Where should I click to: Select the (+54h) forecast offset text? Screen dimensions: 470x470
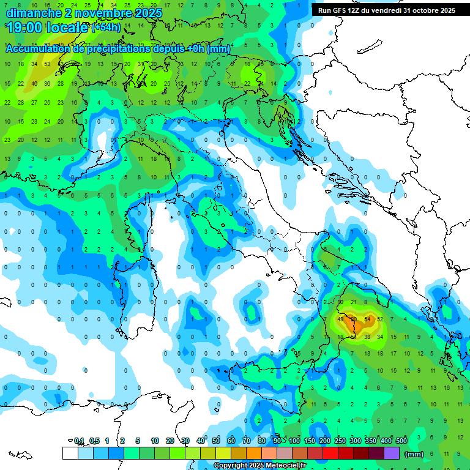click(105, 28)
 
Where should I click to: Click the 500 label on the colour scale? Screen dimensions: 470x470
click(401, 441)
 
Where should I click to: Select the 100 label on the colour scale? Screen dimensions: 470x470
click(294, 441)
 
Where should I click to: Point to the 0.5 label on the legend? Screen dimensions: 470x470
click(94, 441)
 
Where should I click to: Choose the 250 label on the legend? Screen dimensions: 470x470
click(340, 441)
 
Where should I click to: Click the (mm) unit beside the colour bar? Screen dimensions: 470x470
click(414, 454)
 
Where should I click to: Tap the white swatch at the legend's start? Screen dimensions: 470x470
click(70, 453)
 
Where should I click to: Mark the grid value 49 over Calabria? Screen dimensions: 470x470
click(340, 319)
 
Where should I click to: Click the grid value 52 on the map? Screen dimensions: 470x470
click(381, 319)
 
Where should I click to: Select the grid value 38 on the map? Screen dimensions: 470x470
click(367, 337)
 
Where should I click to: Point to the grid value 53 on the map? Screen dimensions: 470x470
click(47, 64)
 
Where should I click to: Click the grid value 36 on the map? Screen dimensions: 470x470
click(47, 83)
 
